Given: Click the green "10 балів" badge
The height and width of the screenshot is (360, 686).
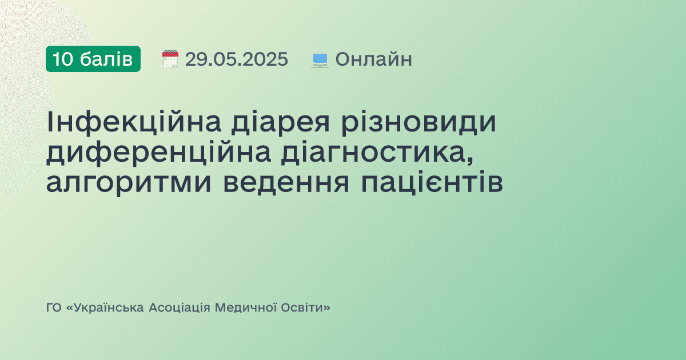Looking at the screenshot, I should click(93, 59).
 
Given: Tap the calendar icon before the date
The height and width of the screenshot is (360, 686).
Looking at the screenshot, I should click(170, 59).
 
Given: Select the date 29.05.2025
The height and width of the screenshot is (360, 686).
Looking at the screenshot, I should click(236, 59).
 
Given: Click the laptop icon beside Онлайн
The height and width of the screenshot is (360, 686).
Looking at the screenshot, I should click(320, 59).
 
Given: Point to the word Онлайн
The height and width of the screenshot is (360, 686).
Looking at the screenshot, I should click(373, 59).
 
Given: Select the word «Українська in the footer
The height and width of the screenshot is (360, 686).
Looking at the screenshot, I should click(105, 308).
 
